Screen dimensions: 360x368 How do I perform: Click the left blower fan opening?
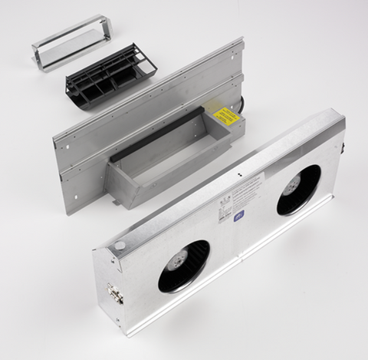(x=184, y=266)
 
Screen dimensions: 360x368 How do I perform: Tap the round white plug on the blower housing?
(x=120, y=246)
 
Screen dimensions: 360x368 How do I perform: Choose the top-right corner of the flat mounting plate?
(x=243, y=40)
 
